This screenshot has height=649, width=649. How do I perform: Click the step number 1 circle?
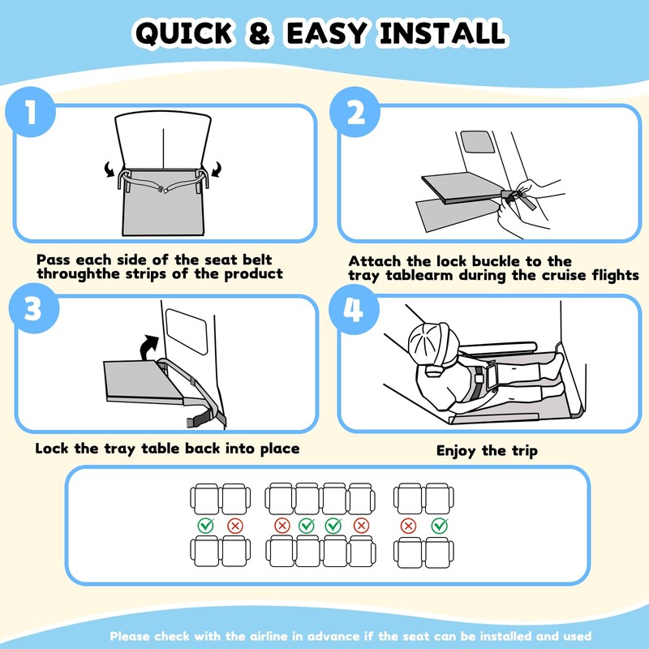click(x=31, y=112)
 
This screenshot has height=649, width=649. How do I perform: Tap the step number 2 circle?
click(x=355, y=112)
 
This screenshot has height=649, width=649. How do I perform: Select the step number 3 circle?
click(x=34, y=308)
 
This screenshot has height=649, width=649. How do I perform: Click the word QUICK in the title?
click(x=184, y=33)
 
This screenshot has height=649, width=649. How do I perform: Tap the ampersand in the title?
click(x=260, y=33)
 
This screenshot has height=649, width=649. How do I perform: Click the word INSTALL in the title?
click(x=442, y=33)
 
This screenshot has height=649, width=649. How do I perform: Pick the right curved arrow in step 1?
click(x=217, y=170)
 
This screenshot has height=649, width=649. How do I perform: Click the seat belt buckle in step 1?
click(x=163, y=190)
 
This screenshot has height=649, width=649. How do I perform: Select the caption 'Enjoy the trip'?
click(x=487, y=451)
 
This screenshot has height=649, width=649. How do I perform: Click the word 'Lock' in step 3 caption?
click(x=52, y=449)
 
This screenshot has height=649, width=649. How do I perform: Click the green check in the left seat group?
click(x=206, y=525)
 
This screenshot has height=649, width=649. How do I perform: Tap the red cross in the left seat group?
click(x=235, y=526)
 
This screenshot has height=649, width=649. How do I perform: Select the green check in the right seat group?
click(x=439, y=526)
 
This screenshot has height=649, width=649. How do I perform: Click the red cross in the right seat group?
click(x=409, y=526)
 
